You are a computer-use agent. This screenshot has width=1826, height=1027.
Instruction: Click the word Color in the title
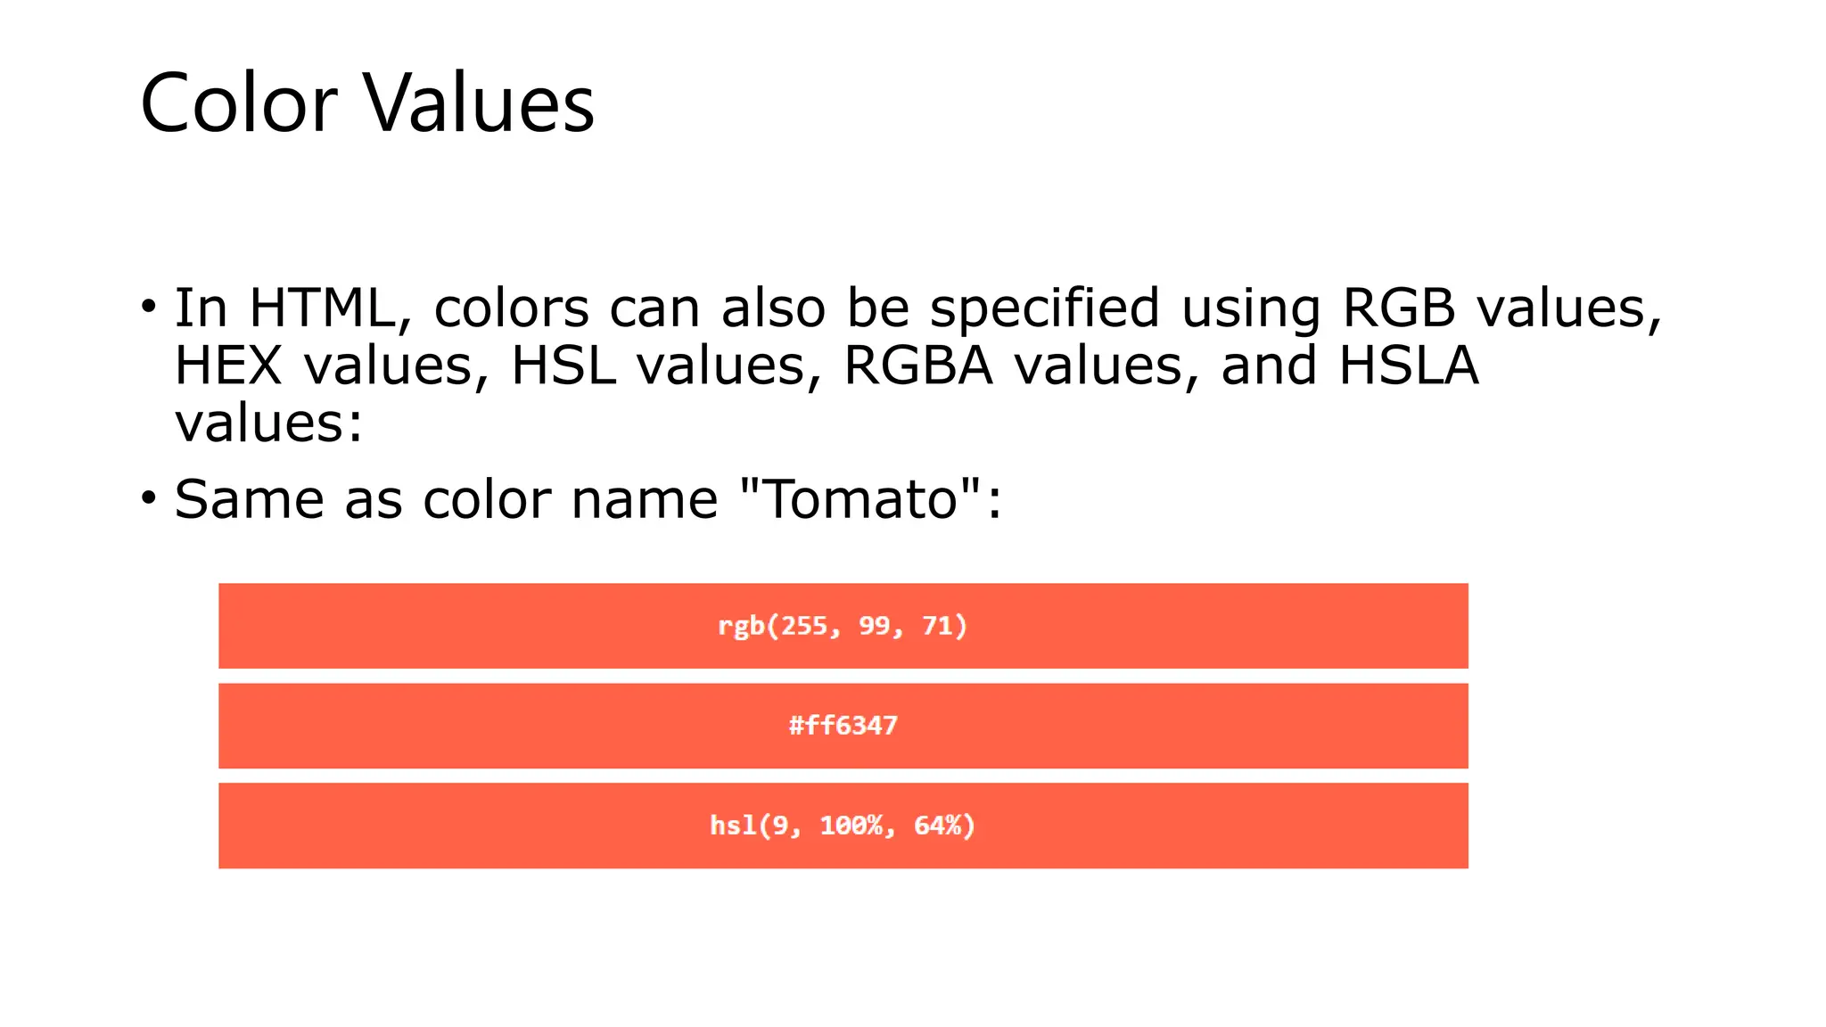point(238,103)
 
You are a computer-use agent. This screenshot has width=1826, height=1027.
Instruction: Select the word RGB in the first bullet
point(1398,308)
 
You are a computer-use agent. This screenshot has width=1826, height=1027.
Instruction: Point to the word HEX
point(227,366)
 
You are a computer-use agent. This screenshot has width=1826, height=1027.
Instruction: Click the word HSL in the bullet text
point(563,366)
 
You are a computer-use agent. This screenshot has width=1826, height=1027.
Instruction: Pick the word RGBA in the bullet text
point(917,366)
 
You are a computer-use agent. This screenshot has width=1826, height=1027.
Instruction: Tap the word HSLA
point(1409,366)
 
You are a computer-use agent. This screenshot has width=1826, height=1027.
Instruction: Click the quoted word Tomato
point(861,499)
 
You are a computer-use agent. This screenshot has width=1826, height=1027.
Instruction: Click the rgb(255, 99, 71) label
point(843,626)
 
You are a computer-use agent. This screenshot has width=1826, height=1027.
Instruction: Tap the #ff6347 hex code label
point(843,726)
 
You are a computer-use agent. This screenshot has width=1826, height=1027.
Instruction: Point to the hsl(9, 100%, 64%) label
point(843,826)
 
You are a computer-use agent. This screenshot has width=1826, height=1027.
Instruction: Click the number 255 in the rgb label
point(804,626)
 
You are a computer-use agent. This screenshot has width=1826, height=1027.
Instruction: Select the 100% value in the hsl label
point(851,826)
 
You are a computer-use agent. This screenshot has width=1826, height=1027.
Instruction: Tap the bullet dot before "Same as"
point(149,498)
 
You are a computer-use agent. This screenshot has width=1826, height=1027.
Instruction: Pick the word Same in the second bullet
point(249,499)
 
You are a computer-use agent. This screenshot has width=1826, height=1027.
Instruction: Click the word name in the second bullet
point(644,499)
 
